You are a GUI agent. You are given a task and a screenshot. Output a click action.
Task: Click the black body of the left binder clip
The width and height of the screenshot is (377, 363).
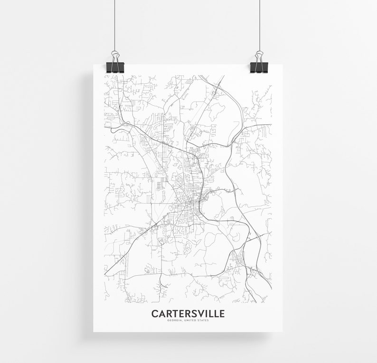click(115, 67)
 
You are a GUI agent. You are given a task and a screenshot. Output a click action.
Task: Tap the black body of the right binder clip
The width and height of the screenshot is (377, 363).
click(259, 67)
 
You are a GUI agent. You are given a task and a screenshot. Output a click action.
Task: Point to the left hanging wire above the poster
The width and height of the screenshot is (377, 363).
click(115, 24)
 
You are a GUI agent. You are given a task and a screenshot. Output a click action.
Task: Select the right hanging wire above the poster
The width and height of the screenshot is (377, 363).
click(259, 24)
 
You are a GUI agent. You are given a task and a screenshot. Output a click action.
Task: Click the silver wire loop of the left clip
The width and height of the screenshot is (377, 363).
click(115, 56)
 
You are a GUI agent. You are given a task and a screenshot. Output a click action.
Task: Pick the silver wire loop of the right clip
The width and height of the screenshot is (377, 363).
click(259, 56)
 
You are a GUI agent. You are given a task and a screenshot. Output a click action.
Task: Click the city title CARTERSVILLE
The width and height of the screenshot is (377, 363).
click(188, 314)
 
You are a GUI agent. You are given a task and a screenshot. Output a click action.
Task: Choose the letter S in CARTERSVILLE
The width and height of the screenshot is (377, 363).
click(189, 314)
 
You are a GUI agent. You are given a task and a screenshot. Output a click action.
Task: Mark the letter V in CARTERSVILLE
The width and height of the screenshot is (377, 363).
click(196, 314)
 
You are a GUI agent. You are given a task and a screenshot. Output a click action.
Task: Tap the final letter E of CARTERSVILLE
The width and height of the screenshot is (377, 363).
click(222, 314)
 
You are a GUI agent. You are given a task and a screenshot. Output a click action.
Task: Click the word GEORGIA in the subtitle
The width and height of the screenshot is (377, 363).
click(174, 320)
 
